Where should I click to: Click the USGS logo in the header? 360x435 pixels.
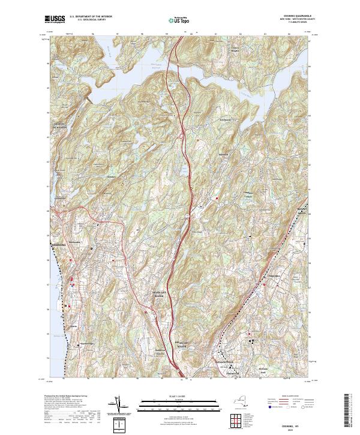pos(55,19)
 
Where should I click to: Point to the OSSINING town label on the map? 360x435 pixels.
pos(59,245)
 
